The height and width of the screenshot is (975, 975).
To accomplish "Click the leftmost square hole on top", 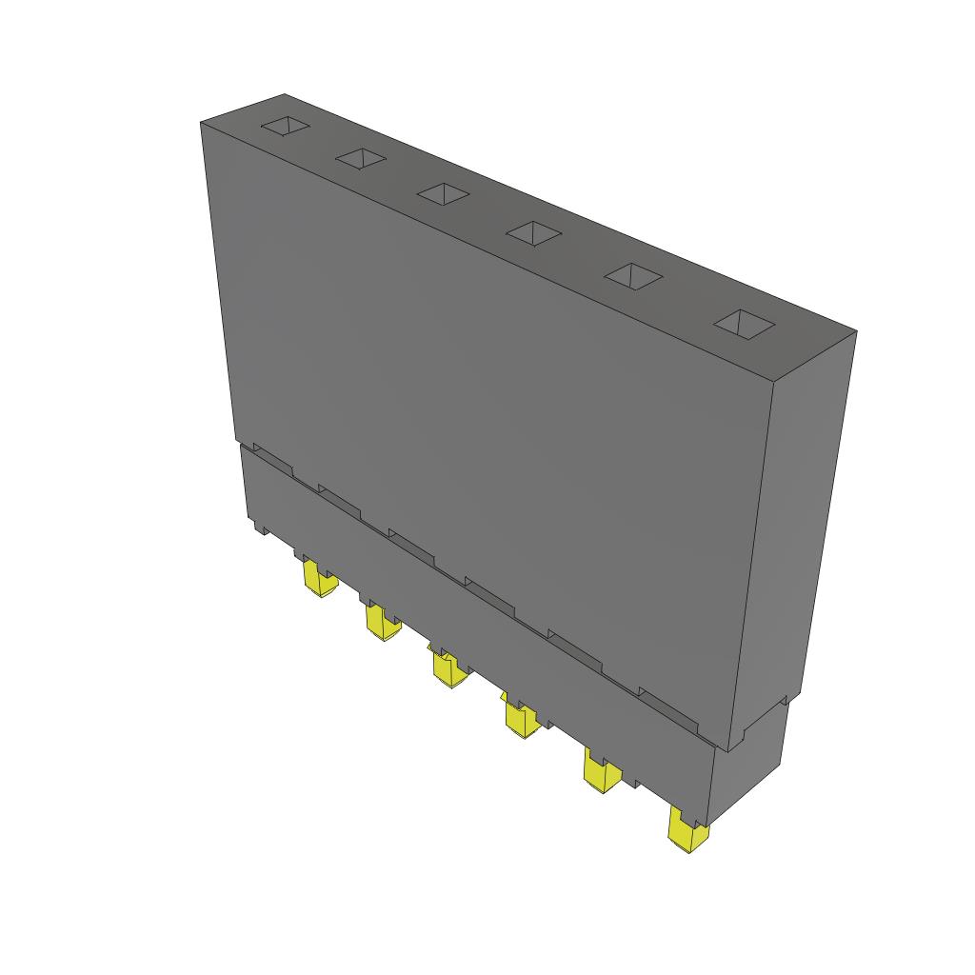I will [x=287, y=127].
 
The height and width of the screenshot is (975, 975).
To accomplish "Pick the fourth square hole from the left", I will [x=533, y=231].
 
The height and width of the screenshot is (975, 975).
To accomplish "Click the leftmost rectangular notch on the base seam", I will [x=272, y=458].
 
